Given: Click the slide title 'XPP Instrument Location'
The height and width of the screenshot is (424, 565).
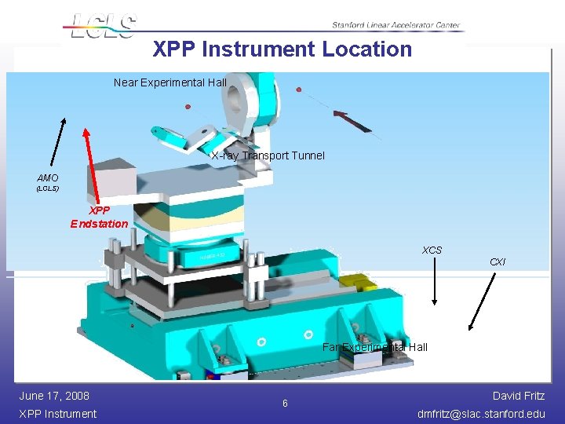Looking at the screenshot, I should pos(282,49).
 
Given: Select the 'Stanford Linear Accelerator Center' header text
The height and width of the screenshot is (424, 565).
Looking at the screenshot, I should pos(395,25).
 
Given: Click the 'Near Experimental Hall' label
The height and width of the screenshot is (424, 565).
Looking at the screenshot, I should pos(169,82).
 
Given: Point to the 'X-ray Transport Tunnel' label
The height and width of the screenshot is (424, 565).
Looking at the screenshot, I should pos(268,155).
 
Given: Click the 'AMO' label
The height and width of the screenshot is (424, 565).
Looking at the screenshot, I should pos(47,178).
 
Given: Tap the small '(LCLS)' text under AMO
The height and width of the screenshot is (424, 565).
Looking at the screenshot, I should pos(47,189).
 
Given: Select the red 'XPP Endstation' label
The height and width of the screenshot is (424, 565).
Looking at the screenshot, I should pos(99,217).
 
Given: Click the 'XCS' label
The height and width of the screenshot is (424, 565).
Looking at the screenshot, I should pos(432,250).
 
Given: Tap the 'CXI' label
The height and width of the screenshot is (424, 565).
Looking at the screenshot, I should pos(498,261).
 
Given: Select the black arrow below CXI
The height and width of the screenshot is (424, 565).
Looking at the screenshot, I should pos(483,301).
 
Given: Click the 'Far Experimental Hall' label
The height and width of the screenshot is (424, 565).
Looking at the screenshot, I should pos(375,347).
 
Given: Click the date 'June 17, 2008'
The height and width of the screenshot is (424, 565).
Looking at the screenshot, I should pos(54,396).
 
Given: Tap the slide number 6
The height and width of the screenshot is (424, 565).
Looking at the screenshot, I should pos(285,404).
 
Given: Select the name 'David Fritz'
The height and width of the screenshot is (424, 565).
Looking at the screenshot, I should pos(518,396).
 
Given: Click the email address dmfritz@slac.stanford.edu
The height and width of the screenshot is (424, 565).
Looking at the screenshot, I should pos(481,414).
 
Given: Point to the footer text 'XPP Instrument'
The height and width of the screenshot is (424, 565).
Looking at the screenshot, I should pos(57,414).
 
